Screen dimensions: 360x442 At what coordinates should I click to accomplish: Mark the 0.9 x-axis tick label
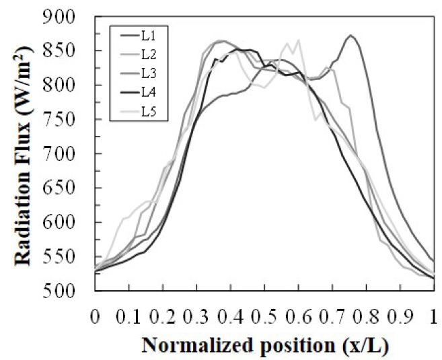pos(400,315)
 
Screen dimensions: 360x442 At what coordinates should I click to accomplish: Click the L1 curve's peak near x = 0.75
pos(351,36)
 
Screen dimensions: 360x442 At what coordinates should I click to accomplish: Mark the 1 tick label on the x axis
pos(433,315)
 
